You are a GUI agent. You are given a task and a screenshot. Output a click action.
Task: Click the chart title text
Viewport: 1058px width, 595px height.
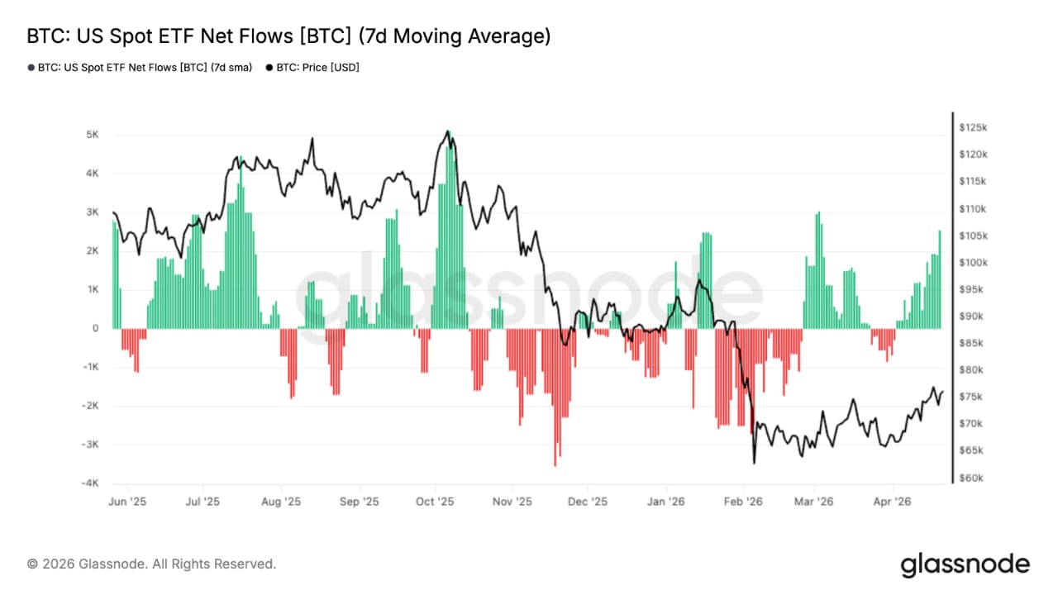pyautogui.click(x=288, y=36)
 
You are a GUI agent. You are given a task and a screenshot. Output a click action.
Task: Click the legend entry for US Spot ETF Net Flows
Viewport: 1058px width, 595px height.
pyautogui.click(x=141, y=68)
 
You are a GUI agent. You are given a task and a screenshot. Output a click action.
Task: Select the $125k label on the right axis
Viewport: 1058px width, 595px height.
pyautogui.click(x=973, y=127)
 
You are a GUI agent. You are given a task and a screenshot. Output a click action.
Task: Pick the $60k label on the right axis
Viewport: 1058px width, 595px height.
pyautogui.click(x=971, y=478)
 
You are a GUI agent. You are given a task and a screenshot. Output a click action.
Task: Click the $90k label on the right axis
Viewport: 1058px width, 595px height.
pyautogui.click(x=971, y=317)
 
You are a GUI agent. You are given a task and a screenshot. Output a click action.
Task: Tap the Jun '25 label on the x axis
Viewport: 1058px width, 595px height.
pyautogui.click(x=127, y=502)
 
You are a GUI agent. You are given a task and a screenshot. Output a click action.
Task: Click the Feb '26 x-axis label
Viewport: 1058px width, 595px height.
pyautogui.click(x=742, y=502)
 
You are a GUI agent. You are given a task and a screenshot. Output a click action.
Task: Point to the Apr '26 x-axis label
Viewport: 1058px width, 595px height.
pyautogui.click(x=893, y=502)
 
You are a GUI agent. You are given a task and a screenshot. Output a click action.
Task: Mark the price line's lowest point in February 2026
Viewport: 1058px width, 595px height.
pyautogui.click(x=754, y=462)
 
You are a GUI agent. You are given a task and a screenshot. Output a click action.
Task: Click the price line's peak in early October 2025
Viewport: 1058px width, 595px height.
pyautogui.click(x=447, y=131)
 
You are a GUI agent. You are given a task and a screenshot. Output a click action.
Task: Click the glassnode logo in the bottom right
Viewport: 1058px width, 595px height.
pyautogui.click(x=965, y=564)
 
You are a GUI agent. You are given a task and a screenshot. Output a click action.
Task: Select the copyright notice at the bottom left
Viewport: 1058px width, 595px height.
pyautogui.click(x=152, y=564)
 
